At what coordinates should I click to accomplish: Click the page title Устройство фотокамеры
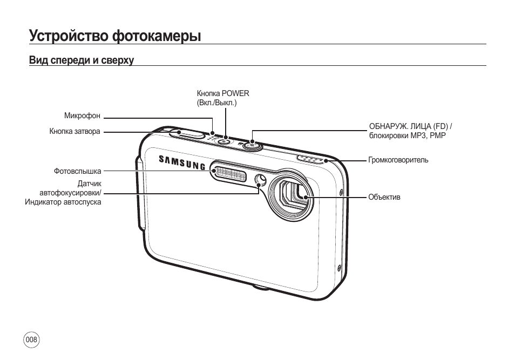115,36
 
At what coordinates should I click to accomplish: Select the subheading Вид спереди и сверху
82,60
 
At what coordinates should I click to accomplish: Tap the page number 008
31,339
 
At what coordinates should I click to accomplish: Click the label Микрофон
82,116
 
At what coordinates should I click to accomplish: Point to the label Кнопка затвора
75,131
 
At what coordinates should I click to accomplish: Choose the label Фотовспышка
78,171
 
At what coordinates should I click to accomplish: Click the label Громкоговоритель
398,160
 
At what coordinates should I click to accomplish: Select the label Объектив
384,197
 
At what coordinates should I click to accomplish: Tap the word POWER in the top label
235,93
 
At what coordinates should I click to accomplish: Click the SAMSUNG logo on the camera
182,162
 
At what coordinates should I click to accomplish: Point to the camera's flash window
229,173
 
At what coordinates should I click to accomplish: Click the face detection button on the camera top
252,145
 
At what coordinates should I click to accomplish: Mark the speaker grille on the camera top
312,159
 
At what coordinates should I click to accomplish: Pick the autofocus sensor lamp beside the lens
261,179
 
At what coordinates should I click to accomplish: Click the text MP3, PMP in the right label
428,135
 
